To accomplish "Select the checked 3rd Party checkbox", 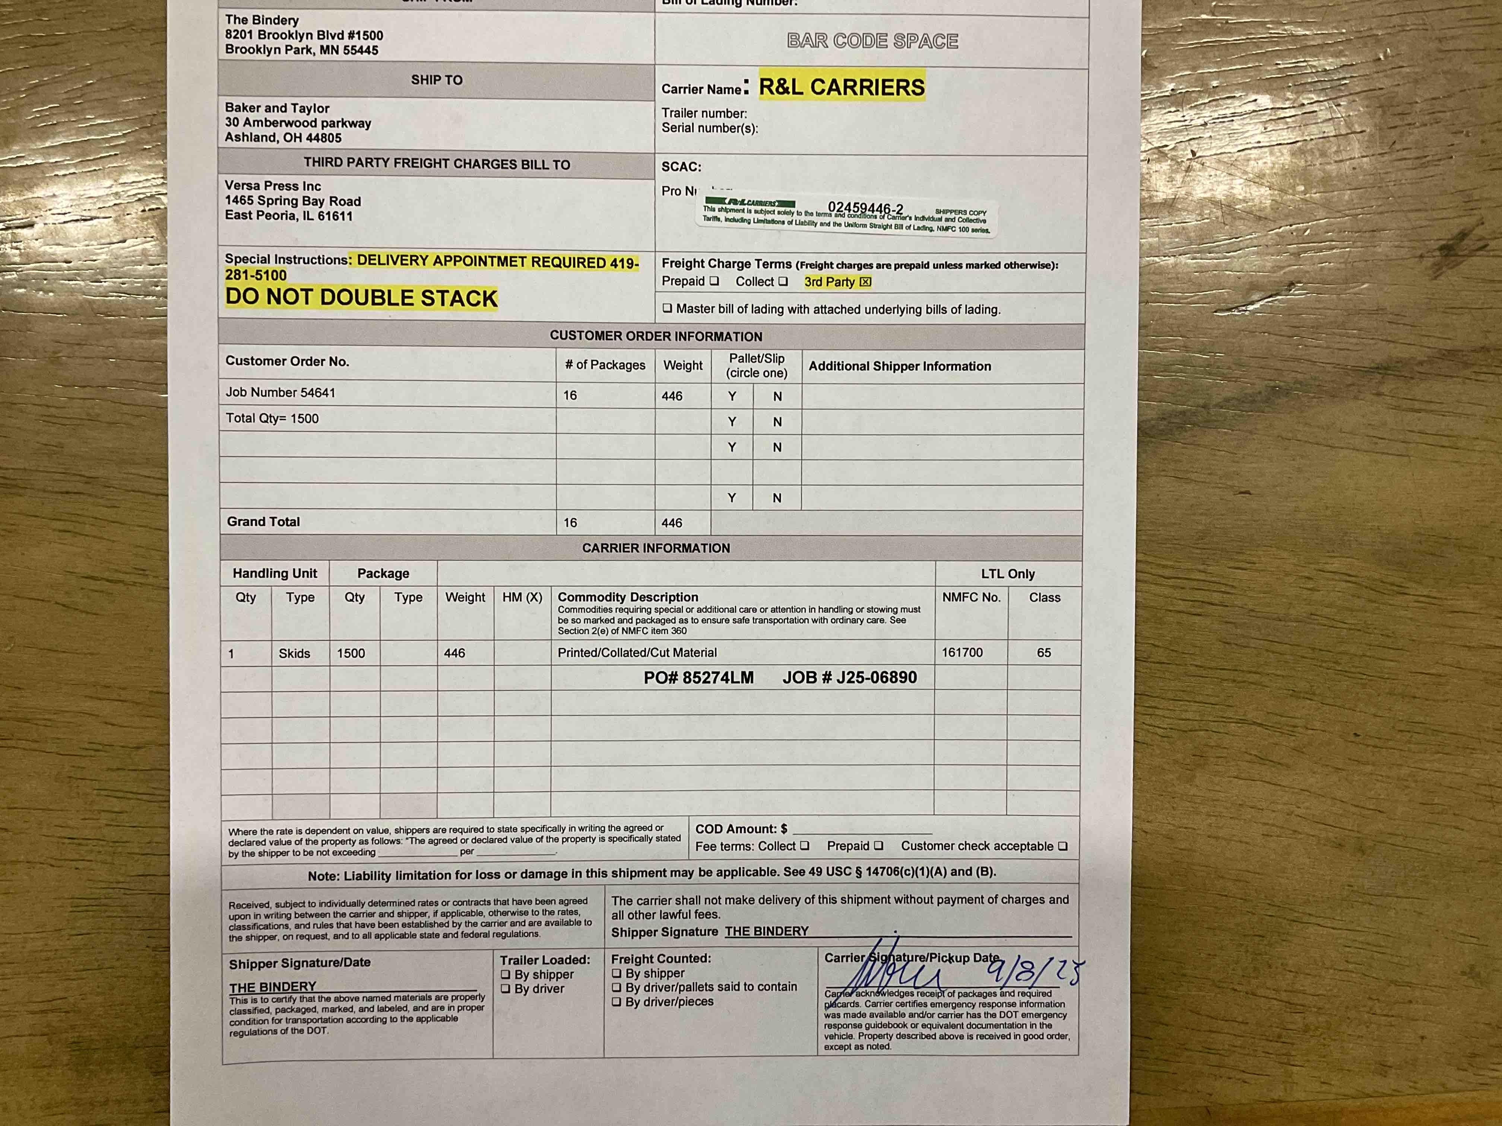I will (865, 281).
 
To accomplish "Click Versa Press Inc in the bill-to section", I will (273, 186).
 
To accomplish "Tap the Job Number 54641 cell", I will (281, 392).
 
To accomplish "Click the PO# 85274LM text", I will (699, 677).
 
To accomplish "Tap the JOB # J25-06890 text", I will (849, 677).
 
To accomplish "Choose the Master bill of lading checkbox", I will (668, 308).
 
